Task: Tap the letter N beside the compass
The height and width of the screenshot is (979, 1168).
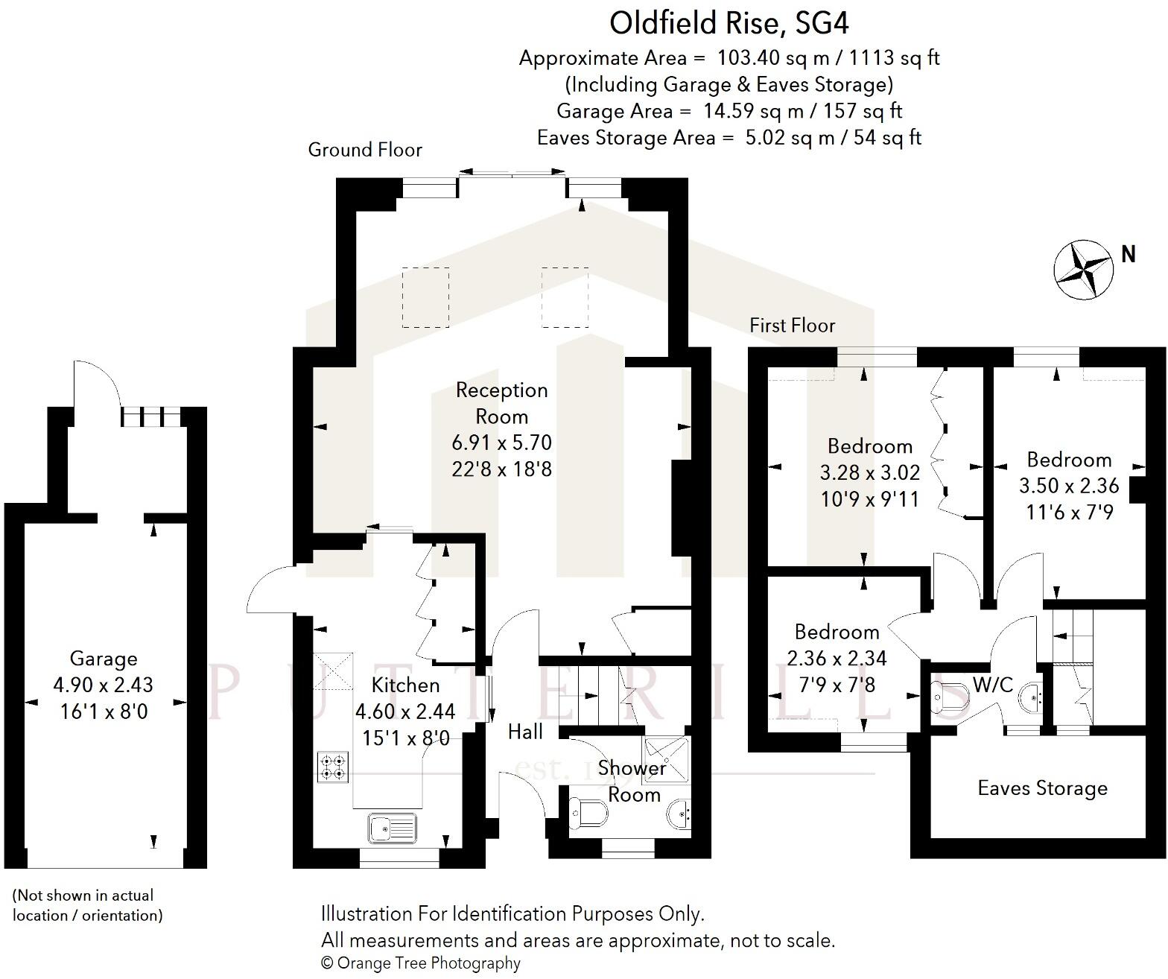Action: point(1129,255)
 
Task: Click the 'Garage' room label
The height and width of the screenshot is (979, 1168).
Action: point(104,659)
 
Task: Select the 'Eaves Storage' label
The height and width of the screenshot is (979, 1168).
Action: point(1042,788)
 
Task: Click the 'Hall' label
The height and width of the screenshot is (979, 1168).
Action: point(525,732)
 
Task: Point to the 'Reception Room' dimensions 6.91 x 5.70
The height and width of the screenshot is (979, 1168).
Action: point(501,443)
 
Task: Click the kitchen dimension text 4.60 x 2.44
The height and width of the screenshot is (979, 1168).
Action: point(404,712)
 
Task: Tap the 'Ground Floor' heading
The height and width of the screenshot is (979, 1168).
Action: point(365,150)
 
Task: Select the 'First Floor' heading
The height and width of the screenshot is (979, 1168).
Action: point(792,326)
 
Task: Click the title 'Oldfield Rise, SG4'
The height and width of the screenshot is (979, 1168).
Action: point(729,23)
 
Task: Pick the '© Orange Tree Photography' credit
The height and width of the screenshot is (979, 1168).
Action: point(421,963)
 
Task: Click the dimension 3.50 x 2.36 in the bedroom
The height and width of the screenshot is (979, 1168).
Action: point(1069,486)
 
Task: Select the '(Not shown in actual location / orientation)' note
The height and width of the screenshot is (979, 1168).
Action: point(88,905)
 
